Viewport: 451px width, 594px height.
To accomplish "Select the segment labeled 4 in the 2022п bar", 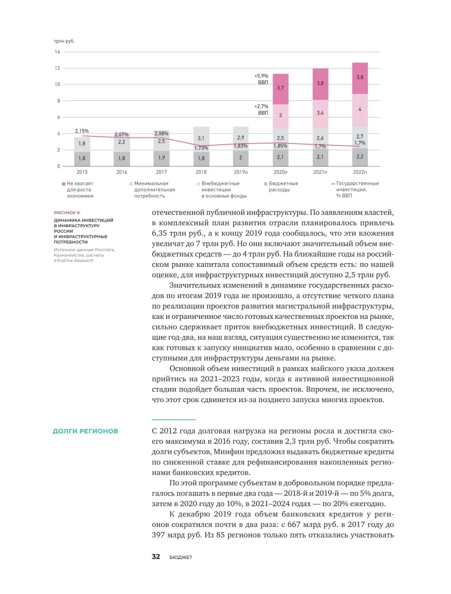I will (x=359, y=109).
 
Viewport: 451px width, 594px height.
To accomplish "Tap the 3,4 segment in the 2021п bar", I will (x=320, y=112).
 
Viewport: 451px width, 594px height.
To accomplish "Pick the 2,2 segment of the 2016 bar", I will (x=122, y=143).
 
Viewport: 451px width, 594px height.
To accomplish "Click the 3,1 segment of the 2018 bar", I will (x=201, y=138).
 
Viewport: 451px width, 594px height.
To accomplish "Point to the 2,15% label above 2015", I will (x=82, y=130).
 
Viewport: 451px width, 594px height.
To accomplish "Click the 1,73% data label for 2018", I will (x=201, y=148).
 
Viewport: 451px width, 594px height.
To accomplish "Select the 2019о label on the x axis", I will (x=241, y=172).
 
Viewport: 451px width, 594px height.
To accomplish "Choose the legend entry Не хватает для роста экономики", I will (x=80, y=189).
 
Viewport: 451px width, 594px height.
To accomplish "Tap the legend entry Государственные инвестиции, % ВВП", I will (x=357, y=189).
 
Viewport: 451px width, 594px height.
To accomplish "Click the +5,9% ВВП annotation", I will (x=261, y=80).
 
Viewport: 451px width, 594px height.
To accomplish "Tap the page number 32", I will (x=156, y=557).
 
